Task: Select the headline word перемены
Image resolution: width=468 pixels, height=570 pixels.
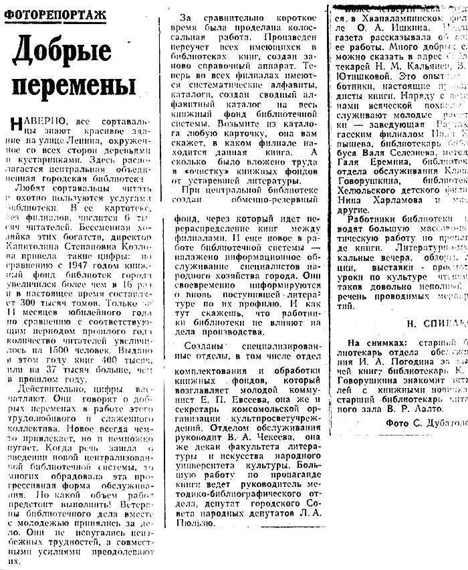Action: tap(74, 86)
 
